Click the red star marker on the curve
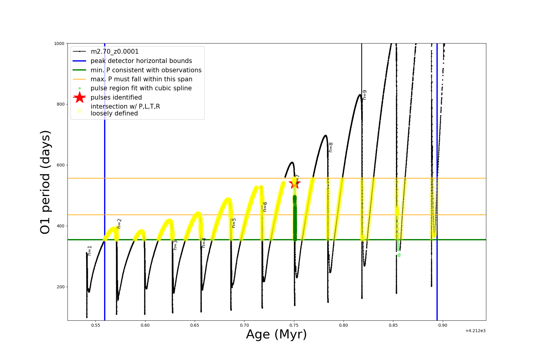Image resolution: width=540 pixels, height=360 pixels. tap(294, 183)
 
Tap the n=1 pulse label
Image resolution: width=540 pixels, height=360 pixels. tap(89, 250)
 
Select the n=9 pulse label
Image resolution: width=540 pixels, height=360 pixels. tap(364, 95)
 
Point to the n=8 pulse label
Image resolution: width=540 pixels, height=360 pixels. tap(331, 147)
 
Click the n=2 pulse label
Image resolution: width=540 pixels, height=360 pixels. tap(119, 223)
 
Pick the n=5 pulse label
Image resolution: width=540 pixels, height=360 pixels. tap(234, 223)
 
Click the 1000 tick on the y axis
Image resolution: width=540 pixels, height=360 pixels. tap(59, 43)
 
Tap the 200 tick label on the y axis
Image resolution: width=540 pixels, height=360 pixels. tap(60, 287)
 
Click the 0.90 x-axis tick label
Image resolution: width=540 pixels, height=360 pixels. tap(442, 325)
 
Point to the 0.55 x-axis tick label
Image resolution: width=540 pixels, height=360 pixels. tap(95, 325)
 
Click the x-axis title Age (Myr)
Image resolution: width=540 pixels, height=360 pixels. tap(276, 334)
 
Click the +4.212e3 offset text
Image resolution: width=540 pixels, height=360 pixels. tap(475, 331)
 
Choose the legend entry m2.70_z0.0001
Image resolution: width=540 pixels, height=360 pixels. tap(115, 52)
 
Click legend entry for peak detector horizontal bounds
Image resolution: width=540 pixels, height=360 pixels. tap(141, 61)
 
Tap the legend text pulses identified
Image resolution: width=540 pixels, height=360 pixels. tap(116, 97)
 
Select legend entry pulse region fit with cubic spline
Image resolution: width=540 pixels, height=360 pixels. tap(141, 88)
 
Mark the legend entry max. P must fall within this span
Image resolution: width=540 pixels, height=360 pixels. tap(141, 79)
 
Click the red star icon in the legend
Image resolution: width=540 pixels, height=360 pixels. tap(79, 97)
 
